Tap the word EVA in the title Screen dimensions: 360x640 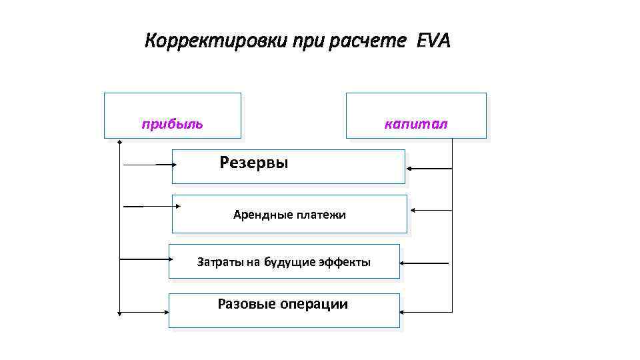(x=433, y=42)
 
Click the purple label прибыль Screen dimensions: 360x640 (x=172, y=124)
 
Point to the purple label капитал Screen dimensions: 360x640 (x=417, y=124)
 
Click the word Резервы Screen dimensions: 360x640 (x=254, y=163)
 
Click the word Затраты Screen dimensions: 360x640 (x=220, y=262)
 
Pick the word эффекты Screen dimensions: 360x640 (x=347, y=262)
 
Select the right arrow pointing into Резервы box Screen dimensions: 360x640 (x=429, y=169)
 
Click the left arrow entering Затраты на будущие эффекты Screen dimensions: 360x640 (x=143, y=258)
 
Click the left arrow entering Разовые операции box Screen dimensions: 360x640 (x=143, y=311)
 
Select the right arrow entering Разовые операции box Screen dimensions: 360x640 (x=427, y=312)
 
